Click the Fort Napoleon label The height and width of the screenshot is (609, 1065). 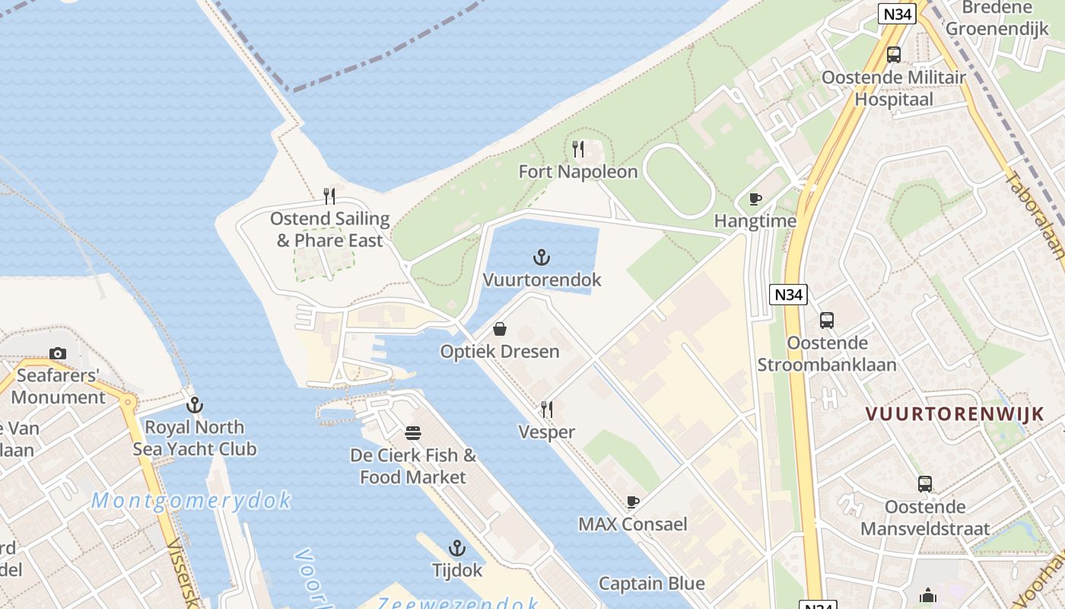click(x=578, y=172)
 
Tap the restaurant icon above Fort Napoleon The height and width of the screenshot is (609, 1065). click(x=578, y=148)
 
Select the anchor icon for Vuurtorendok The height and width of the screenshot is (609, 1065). click(x=541, y=257)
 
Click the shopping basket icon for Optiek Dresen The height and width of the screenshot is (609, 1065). click(x=500, y=329)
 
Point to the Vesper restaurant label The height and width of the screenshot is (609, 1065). click(x=546, y=432)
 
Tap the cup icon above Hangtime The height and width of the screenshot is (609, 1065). click(x=755, y=199)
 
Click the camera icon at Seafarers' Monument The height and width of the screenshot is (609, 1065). click(x=58, y=353)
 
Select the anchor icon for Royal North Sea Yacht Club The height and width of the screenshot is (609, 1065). click(x=195, y=404)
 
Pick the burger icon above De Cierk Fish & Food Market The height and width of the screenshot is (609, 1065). click(x=413, y=433)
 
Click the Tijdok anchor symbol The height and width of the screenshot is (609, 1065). click(x=456, y=548)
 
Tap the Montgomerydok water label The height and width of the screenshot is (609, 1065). click(x=191, y=500)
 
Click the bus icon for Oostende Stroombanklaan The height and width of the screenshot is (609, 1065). click(x=827, y=320)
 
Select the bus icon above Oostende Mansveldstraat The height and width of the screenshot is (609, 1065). click(x=925, y=484)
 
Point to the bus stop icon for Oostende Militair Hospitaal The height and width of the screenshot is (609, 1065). click(x=894, y=55)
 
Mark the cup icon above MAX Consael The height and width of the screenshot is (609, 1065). click(x=632, y=502)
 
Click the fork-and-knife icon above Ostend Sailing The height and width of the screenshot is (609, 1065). click(x=329, y=196)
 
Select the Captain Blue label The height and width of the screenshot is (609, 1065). click(x=651, y=584)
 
